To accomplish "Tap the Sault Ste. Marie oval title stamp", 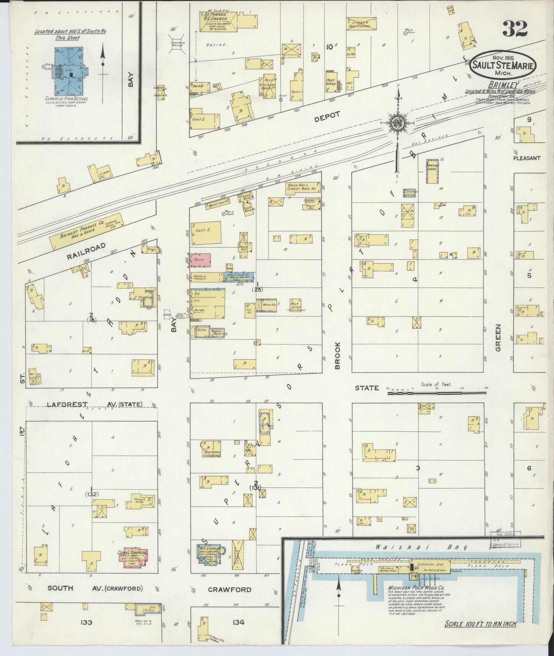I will click(x=503, y=66).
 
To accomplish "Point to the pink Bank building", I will click(x=201, y=260).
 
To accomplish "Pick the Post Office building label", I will click(x=330, y=81).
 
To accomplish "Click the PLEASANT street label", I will click(x=526, y=158).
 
